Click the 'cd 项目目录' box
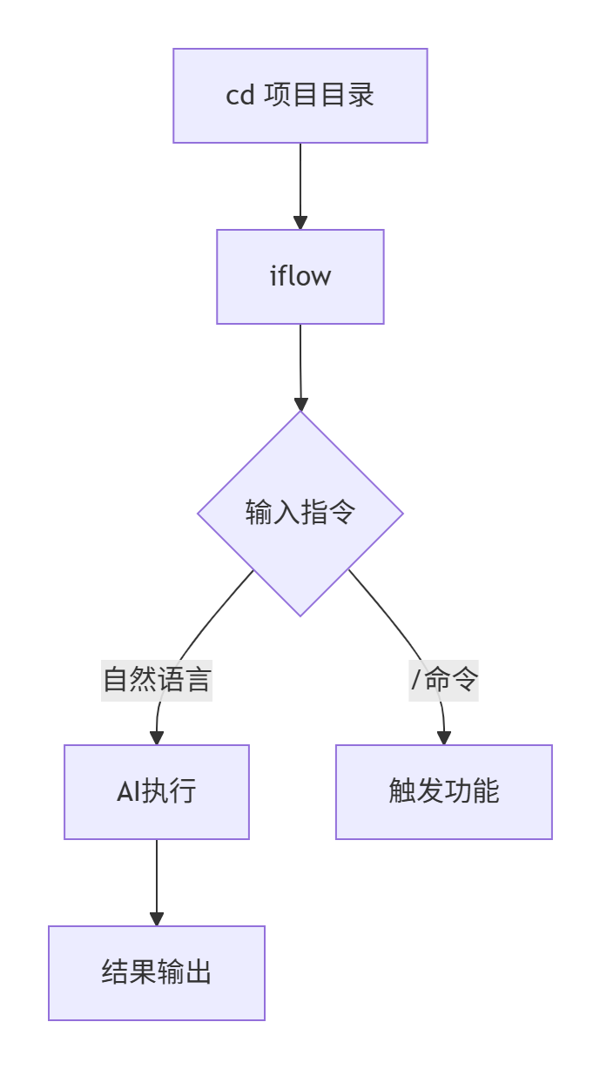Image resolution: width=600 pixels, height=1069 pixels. click(x=300, y=96)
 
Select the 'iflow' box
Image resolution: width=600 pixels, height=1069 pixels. click(x=300, y=277)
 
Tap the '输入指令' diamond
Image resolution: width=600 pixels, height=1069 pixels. click(x=300, y=513)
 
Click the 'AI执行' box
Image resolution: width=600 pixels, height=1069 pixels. click(x=157, y=792)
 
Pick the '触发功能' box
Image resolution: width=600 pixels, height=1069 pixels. click(x=443, y=792)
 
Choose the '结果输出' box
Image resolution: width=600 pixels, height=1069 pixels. click(x=157, y=972)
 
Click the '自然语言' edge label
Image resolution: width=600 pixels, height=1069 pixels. click(x=157, y=679)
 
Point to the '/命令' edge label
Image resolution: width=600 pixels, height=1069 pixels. click(x=444, y=679)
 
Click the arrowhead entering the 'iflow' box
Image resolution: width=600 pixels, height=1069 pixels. click(x=300, y=223)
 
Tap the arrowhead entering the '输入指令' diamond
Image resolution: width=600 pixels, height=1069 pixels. click(x=300, y=404)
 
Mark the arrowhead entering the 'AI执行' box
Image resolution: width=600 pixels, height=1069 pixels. click(x=157, y=738)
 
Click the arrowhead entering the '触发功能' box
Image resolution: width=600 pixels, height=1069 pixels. click(x=444, y=738)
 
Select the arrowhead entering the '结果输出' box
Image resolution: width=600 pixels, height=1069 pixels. click(x=157, y=919)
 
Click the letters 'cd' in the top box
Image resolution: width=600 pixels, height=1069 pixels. click(x=239, y=96)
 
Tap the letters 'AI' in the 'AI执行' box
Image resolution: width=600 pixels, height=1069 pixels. click(x=129, y=792)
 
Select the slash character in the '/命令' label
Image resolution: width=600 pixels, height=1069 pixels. click(x=416, y=679)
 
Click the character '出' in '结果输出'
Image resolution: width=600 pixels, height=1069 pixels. click(x=199, y=972)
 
